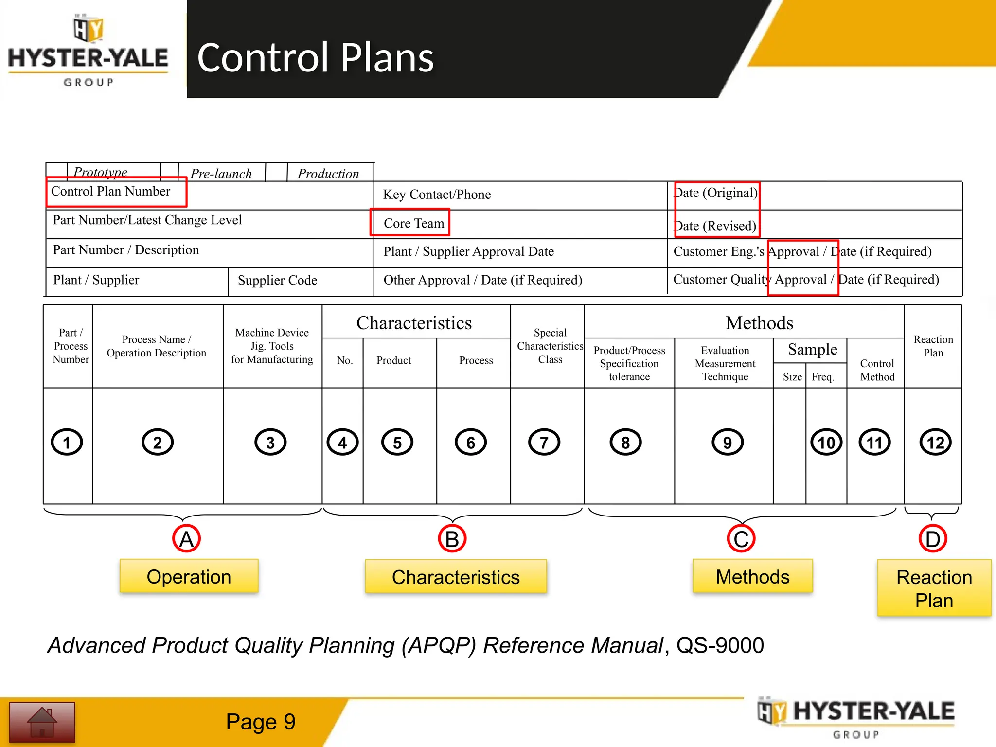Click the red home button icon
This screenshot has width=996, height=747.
click(x=42, y=722)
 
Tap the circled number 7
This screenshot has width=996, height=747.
click(x=544, y=442)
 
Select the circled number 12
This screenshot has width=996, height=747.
click(x=935, y=442)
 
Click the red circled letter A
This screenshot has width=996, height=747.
click(x=187, y=539)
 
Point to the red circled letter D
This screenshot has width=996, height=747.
click(x=932, y=539)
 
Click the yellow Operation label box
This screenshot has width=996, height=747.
click(x=189, y=576)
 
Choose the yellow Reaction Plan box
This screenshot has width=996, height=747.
click(x=934, y=588)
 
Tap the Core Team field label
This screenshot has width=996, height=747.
click(x=413, y=223)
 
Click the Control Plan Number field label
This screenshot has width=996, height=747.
click(x=111, y=191)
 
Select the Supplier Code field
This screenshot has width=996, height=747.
click(x=277, y=280)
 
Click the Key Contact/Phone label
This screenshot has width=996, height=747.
click(x=437, y=195)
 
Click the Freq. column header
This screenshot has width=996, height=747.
click(x=823, y=377)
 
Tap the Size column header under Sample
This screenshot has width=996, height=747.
click(x=792, y=377)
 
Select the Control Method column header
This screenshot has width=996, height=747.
click(x=877, y=370)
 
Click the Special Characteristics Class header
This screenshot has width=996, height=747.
click(x=550, y=346)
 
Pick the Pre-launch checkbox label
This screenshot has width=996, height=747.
click(x=221, y=174)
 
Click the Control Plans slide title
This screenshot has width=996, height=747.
click(x=315, y=57)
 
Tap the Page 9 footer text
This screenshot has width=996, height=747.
click(x=261, y=722)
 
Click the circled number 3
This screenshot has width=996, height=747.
click(x=270, y=442)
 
